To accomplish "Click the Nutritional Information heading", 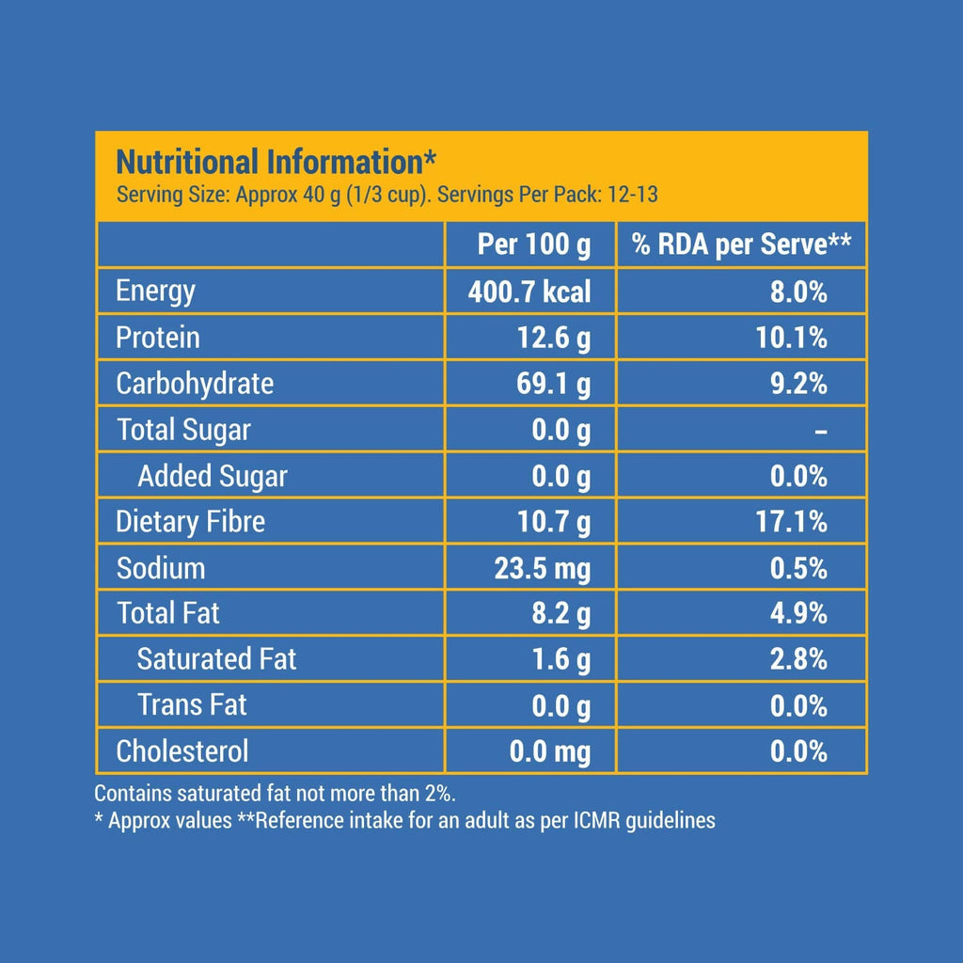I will tap(275, 162).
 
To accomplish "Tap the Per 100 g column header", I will tap(533, 245).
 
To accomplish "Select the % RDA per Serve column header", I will tap(741, 245).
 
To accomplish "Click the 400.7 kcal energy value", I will tap(529, 292).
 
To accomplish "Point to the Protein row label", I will tap(157, 338).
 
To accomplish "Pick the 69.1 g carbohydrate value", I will tap(554, 384).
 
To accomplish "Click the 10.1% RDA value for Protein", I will tap(791, 338).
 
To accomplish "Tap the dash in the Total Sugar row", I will tap(820, 431).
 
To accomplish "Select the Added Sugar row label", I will tap(212, 476).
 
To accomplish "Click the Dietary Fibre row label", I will tap(190, 522).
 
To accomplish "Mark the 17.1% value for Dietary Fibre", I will tap(791, 522).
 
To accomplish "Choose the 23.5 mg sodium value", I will tap(543, 568).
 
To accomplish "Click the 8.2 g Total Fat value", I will tap(560, 614).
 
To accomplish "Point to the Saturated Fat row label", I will tap(216, 659).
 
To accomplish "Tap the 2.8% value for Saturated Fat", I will tap(797, 659).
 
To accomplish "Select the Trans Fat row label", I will tap(192, 705).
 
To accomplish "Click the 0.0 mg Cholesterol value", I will tap(549, 751).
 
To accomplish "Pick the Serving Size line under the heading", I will tap(386, 196).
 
